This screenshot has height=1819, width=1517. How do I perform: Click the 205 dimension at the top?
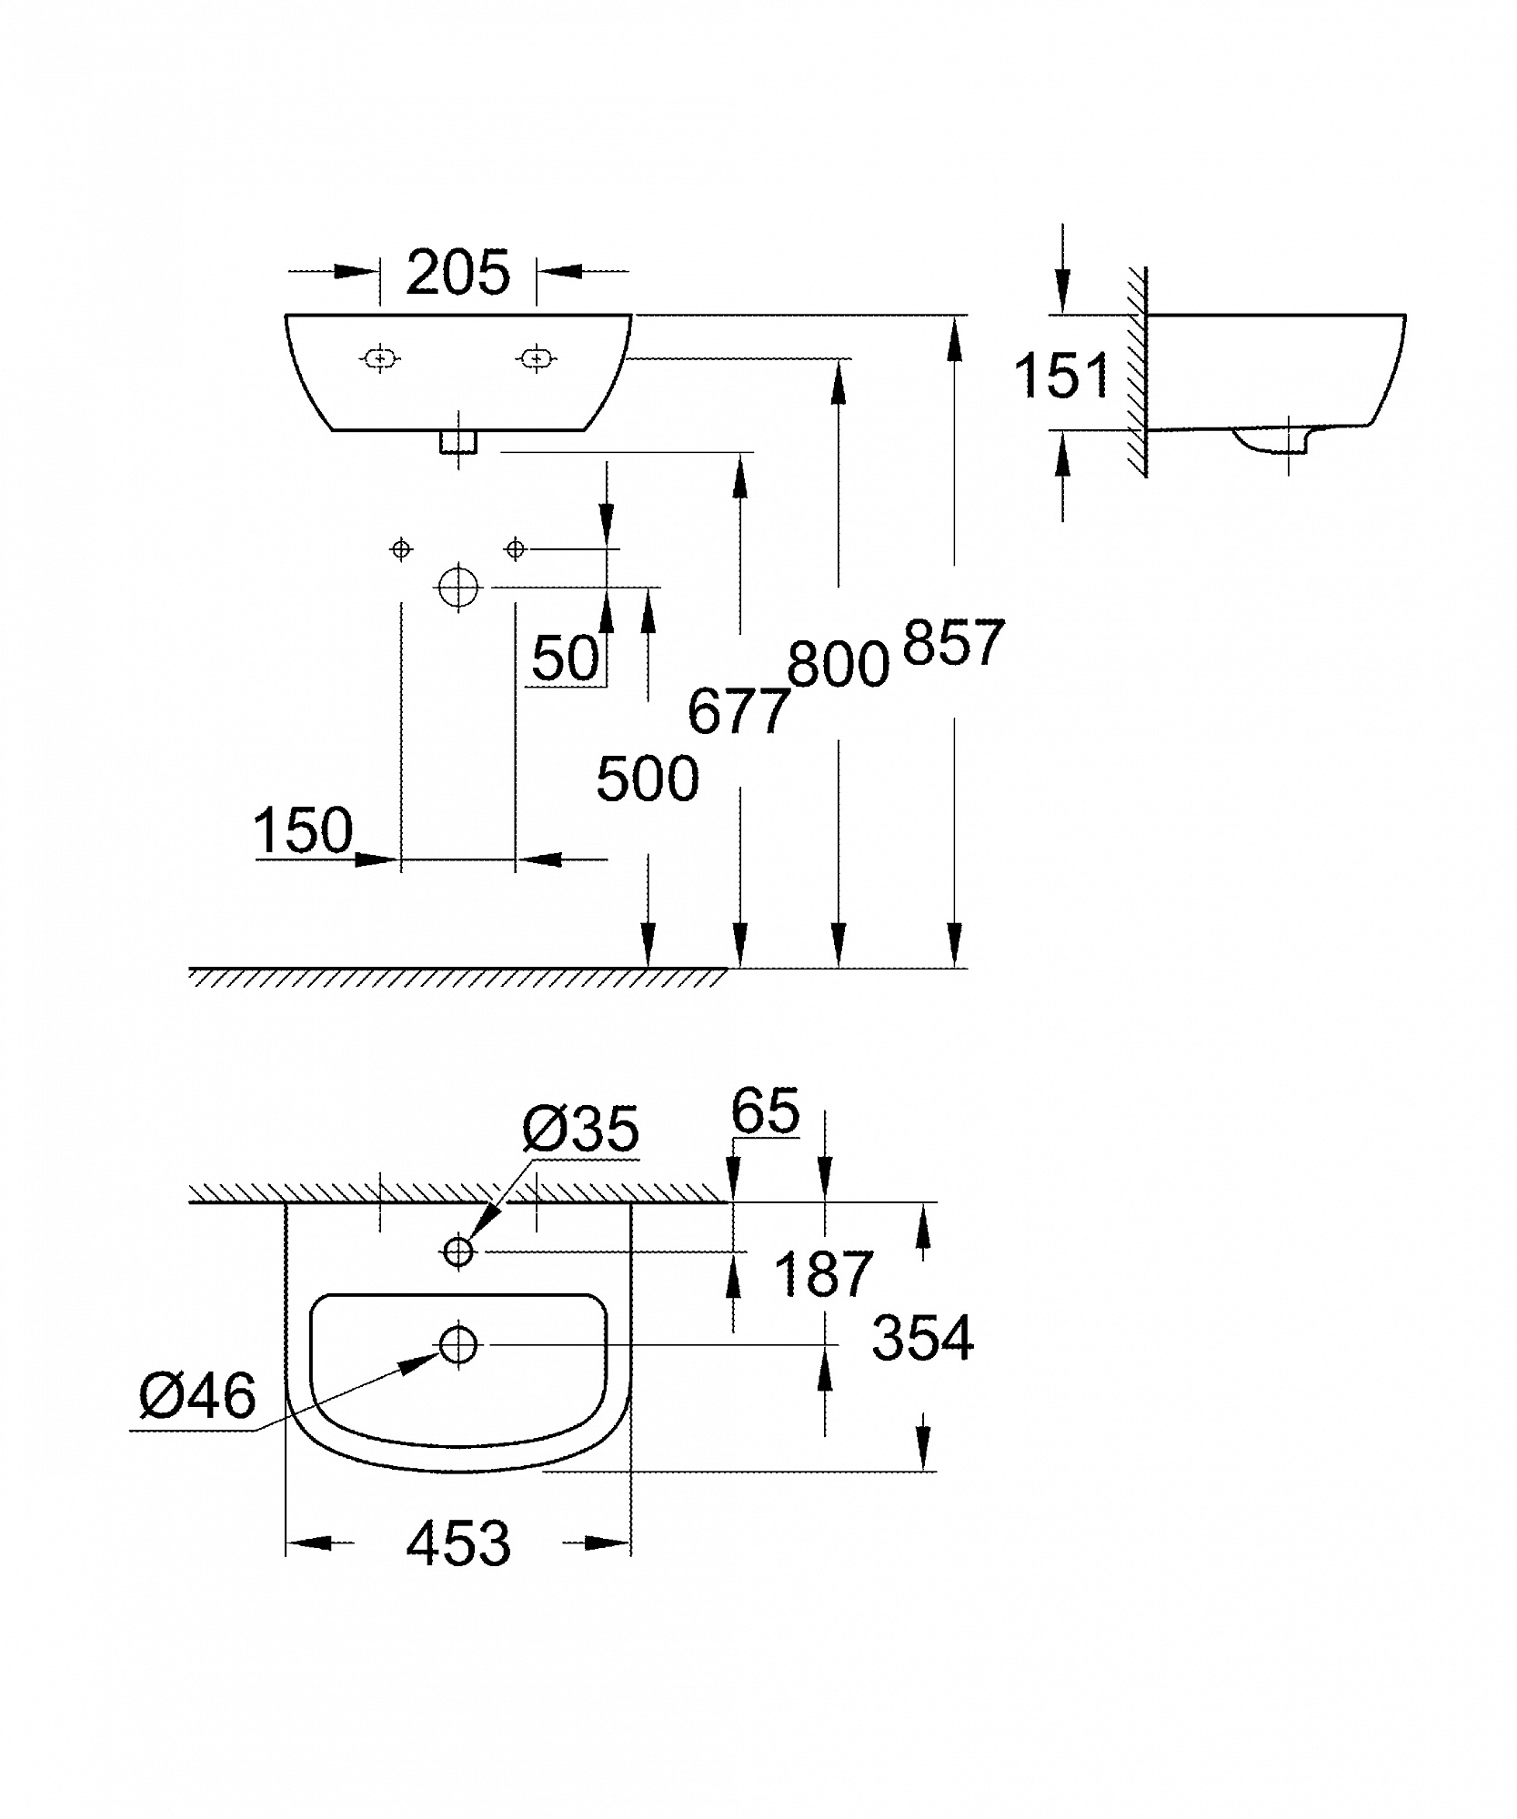coord(457,272)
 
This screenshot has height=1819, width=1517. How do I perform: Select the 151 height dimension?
coord(1062,375)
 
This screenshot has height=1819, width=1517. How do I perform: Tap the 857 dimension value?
coord(953,642)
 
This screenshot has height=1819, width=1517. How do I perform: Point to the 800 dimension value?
coord(838,663)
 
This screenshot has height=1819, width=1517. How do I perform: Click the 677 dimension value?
coord(738,710)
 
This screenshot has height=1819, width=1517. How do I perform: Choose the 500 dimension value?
coord(648,779)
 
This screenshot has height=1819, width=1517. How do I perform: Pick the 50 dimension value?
coord(566,658)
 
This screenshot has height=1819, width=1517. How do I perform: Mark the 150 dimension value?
coord(303,829)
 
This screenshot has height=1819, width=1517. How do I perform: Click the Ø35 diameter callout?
coord(580,1130)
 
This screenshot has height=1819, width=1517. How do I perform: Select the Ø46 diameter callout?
coord(198,1395)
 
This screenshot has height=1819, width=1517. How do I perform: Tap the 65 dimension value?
coord(765,1110)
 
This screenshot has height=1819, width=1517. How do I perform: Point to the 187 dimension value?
coord(823,1273)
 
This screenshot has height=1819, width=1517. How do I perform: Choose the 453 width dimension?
coord(458,1543)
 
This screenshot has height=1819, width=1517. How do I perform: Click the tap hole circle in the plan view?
coord(458,1252)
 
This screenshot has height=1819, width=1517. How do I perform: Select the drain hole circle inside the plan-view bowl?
coord(458,1343)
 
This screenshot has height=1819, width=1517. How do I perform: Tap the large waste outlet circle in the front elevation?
coord(458,588)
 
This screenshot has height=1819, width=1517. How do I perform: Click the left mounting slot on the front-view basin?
coord(380,358)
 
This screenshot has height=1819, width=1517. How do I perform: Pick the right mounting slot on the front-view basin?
coord(537,358)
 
